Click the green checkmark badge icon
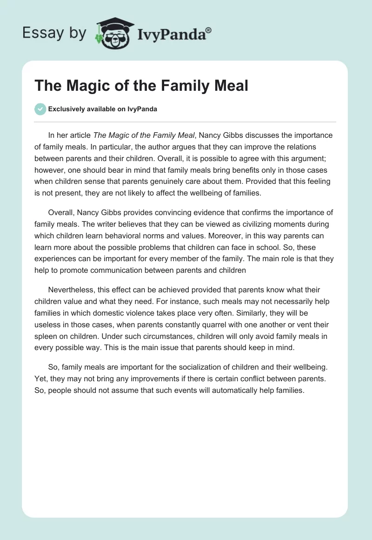pyautogui.click(x=40, y=109)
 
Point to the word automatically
pyautogui.click(x=236, y=391)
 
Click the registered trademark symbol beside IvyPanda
pyautogui.click(x=209, y=30)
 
